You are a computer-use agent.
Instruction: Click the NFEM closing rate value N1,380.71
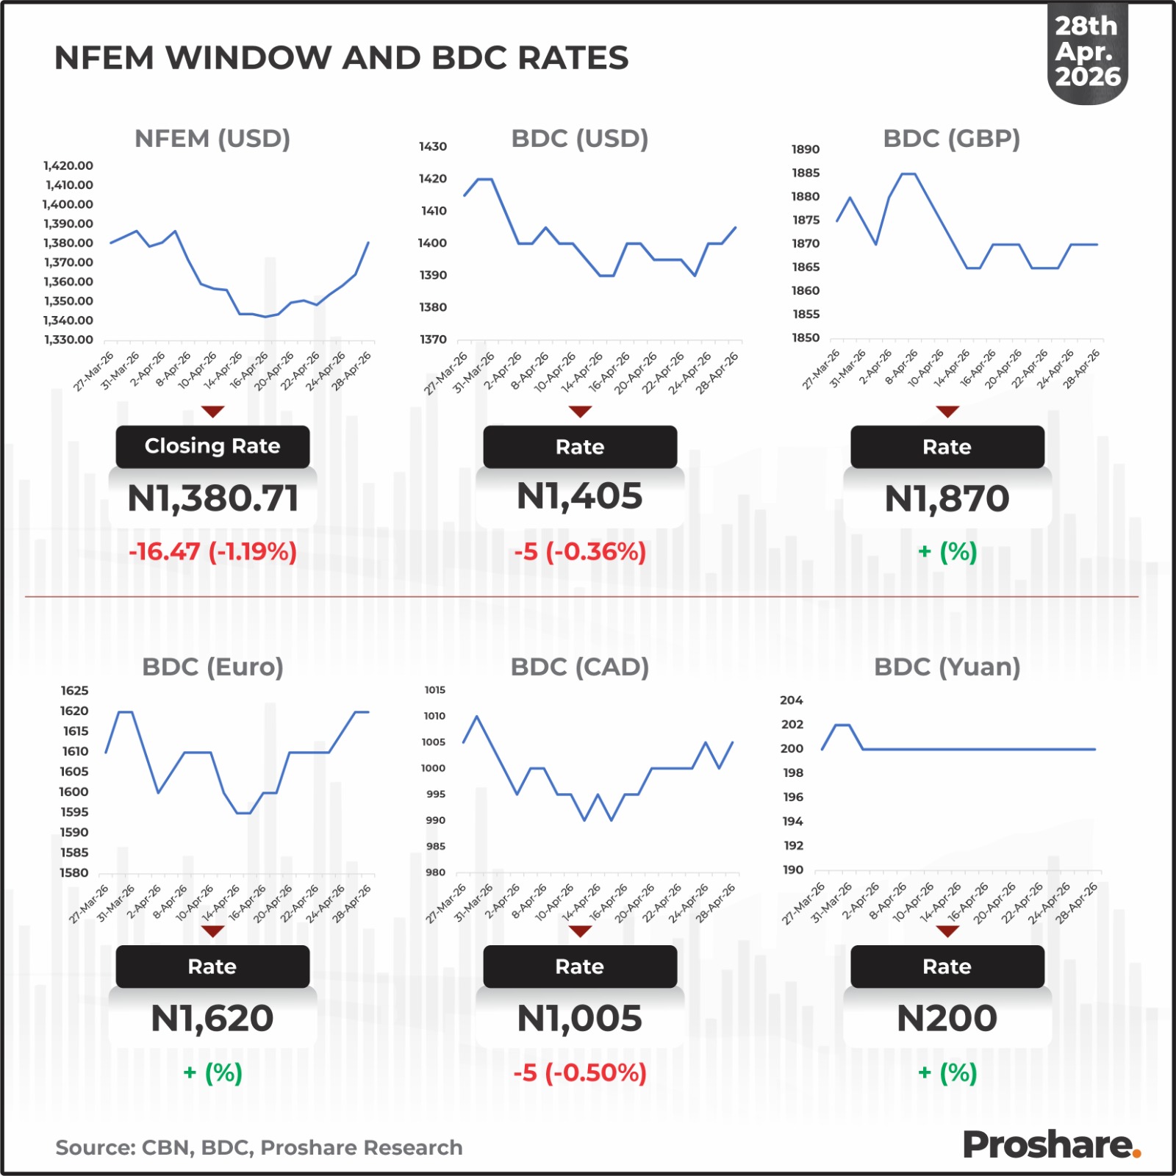(212, 498)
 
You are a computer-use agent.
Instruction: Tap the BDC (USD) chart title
(579, 138)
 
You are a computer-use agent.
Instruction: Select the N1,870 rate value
(947, 498)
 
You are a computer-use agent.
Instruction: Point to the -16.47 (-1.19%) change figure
(212, 551)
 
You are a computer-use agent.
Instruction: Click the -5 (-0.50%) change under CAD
(579, 1072)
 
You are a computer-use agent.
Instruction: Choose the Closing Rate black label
(212, 446)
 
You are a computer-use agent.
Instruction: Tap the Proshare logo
(1051, 1144)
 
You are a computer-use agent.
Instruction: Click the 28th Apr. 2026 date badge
(1087, 51)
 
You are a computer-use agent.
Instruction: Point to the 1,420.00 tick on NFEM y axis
(68, 165)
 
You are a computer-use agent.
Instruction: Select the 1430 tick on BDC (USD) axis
(433, 146)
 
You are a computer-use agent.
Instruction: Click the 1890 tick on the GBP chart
(805, 149)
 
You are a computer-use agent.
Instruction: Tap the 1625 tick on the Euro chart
(74, 690)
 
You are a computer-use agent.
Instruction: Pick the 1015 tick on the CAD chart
(435, 690)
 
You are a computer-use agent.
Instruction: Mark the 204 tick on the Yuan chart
(792, 700)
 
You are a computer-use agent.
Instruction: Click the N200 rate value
(947, 1019)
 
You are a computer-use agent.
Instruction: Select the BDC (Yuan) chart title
(947, 667)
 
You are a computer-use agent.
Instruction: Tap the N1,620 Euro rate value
(212, 1019)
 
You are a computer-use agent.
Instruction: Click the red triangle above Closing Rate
(212, 412)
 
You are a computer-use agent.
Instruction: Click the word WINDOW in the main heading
(248, 58)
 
